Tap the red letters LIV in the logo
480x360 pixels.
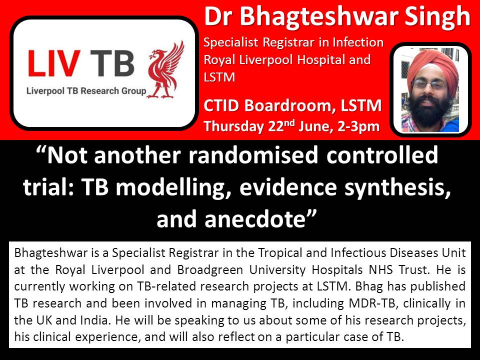pyautogui.click(x=54, y=63)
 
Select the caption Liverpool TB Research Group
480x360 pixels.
pyautogui.click(x=86, y=91)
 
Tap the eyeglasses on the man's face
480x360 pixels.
pyautogui.click(x=430, y=84)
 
